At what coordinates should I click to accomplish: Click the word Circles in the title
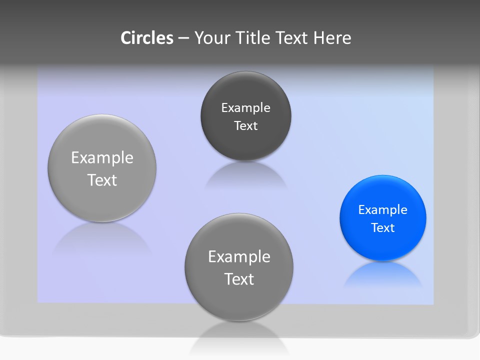(x=147, y=38)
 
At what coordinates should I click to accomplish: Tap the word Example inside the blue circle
(x=382, y=209)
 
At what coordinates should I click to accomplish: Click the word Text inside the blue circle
(x=383, y=227)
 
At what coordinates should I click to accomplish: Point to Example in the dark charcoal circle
(x=245, y=107)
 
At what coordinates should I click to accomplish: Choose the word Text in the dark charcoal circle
(x=245, y=125)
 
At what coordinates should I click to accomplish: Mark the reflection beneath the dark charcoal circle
(x=245, y=176)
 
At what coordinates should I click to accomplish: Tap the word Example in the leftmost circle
(x=102, y=157)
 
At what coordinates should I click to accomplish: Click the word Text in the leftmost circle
(x=102, y=180)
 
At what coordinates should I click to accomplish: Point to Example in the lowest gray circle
(x=239, y=256)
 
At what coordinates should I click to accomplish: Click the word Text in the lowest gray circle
(x=239, y=279)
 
